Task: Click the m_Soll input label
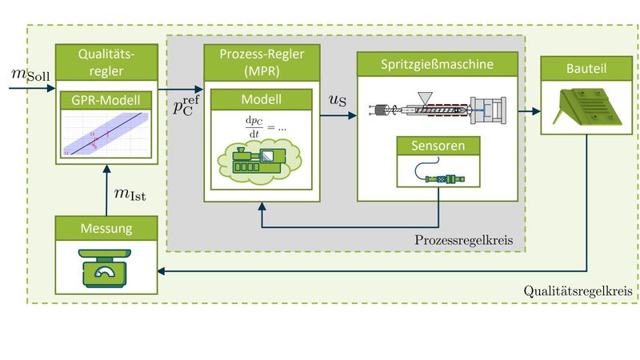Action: (28, 74)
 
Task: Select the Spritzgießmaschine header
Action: (437, 63)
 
